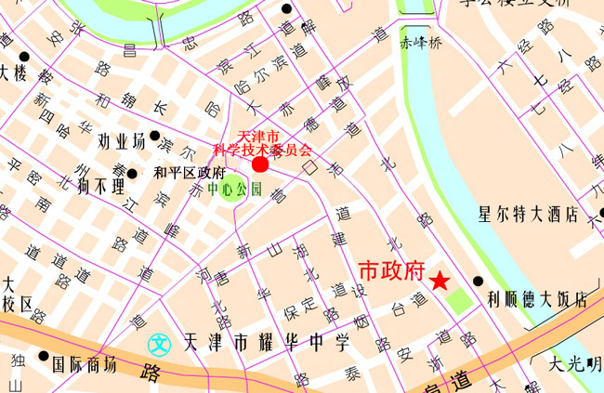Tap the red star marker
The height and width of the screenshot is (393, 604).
[440, 280]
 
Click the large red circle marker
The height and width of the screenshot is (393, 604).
[260, 164]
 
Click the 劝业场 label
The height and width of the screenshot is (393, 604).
[122, 142]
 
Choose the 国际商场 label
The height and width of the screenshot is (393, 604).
[85, 364]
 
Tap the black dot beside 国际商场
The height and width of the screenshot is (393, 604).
[43, 356]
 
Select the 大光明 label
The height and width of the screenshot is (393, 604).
[575, 362]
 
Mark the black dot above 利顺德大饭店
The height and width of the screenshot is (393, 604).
[479, 281]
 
